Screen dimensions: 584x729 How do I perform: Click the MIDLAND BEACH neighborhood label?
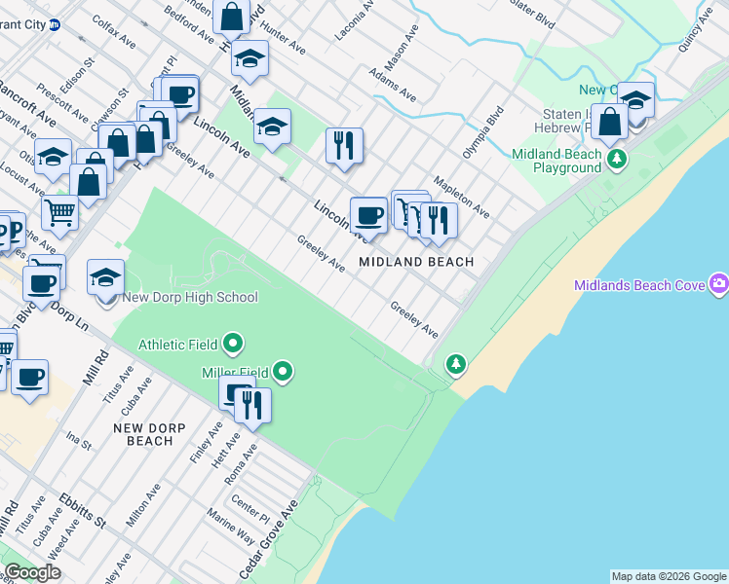416,262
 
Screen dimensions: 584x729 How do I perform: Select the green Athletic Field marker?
233,345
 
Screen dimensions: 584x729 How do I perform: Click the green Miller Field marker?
283,372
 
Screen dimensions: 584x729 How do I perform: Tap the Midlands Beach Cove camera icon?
719,284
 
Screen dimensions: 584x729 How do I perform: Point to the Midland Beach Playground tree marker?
615,158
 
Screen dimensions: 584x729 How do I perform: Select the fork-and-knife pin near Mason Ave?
343,145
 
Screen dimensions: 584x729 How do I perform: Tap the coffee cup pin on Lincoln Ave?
368,214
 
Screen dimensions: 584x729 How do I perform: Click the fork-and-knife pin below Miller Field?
252,404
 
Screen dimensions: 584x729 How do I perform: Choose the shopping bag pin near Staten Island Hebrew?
609,123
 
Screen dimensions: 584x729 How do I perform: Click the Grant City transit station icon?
56,24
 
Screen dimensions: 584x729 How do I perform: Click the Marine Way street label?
230,530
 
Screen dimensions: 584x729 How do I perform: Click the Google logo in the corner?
32,572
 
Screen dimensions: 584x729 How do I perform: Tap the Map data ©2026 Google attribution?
668,576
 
